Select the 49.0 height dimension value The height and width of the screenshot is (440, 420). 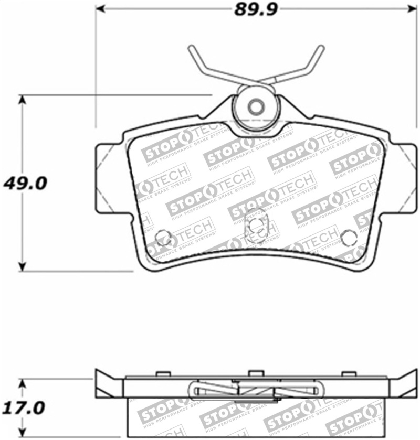click(25, 183)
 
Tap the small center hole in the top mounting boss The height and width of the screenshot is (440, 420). click(256, 107)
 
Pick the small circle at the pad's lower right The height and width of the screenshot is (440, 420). click(349, 238)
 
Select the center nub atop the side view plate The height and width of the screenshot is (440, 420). click(255, 373)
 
